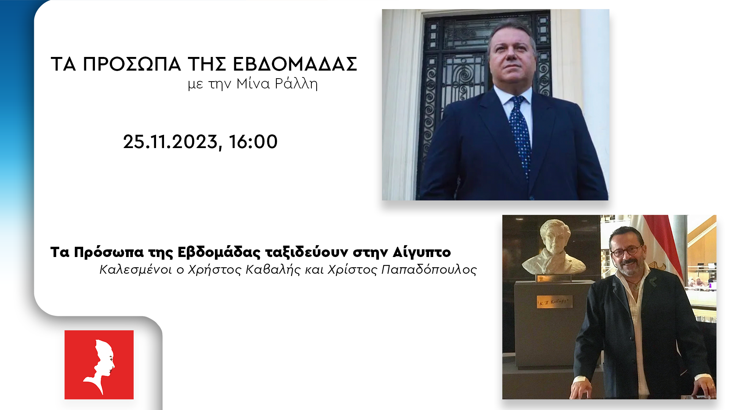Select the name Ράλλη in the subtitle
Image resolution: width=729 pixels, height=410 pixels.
tap(296, 84)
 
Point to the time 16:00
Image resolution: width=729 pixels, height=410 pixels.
tap(253, 142)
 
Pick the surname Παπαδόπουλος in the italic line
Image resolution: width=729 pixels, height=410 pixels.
tap(429, 269)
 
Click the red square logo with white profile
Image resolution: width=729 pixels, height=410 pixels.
tap(99, 364)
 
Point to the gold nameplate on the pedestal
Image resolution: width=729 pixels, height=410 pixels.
tap(554, 302)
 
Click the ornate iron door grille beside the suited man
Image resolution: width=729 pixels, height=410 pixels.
tap(456, 95)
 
